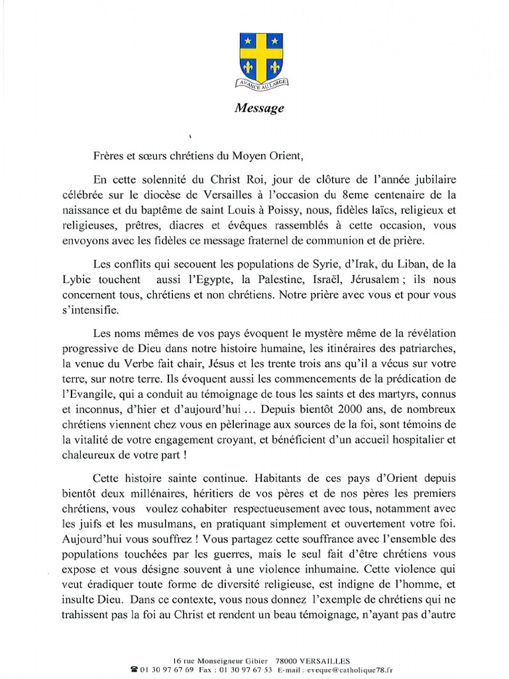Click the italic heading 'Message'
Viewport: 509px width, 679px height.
pyautogui.click(x=259, y=108)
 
